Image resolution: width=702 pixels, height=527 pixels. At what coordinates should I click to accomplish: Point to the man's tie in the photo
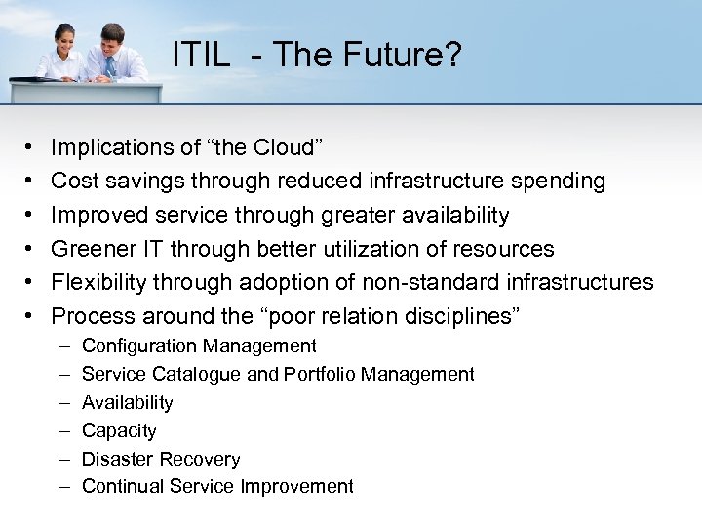click(110, 66)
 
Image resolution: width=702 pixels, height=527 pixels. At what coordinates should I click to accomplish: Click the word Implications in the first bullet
click(108, 148)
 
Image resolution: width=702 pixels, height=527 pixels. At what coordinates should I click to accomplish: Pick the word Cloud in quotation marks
click(282, 148)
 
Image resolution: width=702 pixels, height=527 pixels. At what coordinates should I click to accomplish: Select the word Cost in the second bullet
click(74, 182)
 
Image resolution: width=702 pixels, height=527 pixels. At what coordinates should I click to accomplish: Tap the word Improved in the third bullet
click(96, 216)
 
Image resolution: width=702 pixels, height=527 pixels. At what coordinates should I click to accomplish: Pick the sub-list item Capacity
click(119, 430)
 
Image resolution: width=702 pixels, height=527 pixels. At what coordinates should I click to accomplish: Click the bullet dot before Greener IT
click(31, 249)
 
